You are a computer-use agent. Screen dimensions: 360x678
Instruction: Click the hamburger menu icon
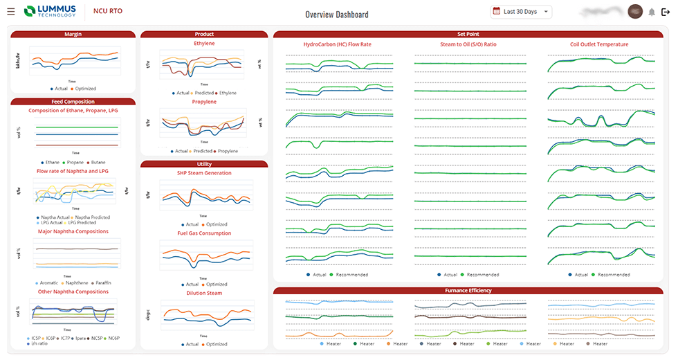(10, 12)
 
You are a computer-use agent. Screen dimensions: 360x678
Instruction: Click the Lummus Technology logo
(50, 11)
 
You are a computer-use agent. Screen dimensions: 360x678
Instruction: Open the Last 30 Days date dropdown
(521, 12)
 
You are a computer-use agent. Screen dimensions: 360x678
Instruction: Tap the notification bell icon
(652, 12)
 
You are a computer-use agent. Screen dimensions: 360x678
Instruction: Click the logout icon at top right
(666, 12)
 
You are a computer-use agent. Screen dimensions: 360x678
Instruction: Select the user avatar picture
(635, 12)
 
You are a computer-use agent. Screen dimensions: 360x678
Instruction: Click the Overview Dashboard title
(337, 15)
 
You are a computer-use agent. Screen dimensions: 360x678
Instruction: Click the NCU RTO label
(108, 11)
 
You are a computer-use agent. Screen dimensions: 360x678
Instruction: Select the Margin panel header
(73, 34)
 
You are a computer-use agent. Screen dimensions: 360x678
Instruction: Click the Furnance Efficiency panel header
(468, 290)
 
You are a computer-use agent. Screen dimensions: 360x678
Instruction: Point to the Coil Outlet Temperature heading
(599, 44)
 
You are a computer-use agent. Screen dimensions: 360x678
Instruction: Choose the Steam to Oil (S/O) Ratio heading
(468, 44)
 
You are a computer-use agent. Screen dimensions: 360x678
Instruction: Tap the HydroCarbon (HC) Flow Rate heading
(337, 44)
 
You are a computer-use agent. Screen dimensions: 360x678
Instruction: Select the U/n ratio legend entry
(39, 344)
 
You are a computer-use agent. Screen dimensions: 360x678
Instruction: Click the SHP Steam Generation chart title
(203, 173)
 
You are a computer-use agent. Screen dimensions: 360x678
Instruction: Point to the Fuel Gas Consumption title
(203, 233)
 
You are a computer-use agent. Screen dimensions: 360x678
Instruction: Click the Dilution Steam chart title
(203, 293)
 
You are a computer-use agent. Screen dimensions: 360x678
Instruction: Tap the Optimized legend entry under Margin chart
(84, 89)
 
